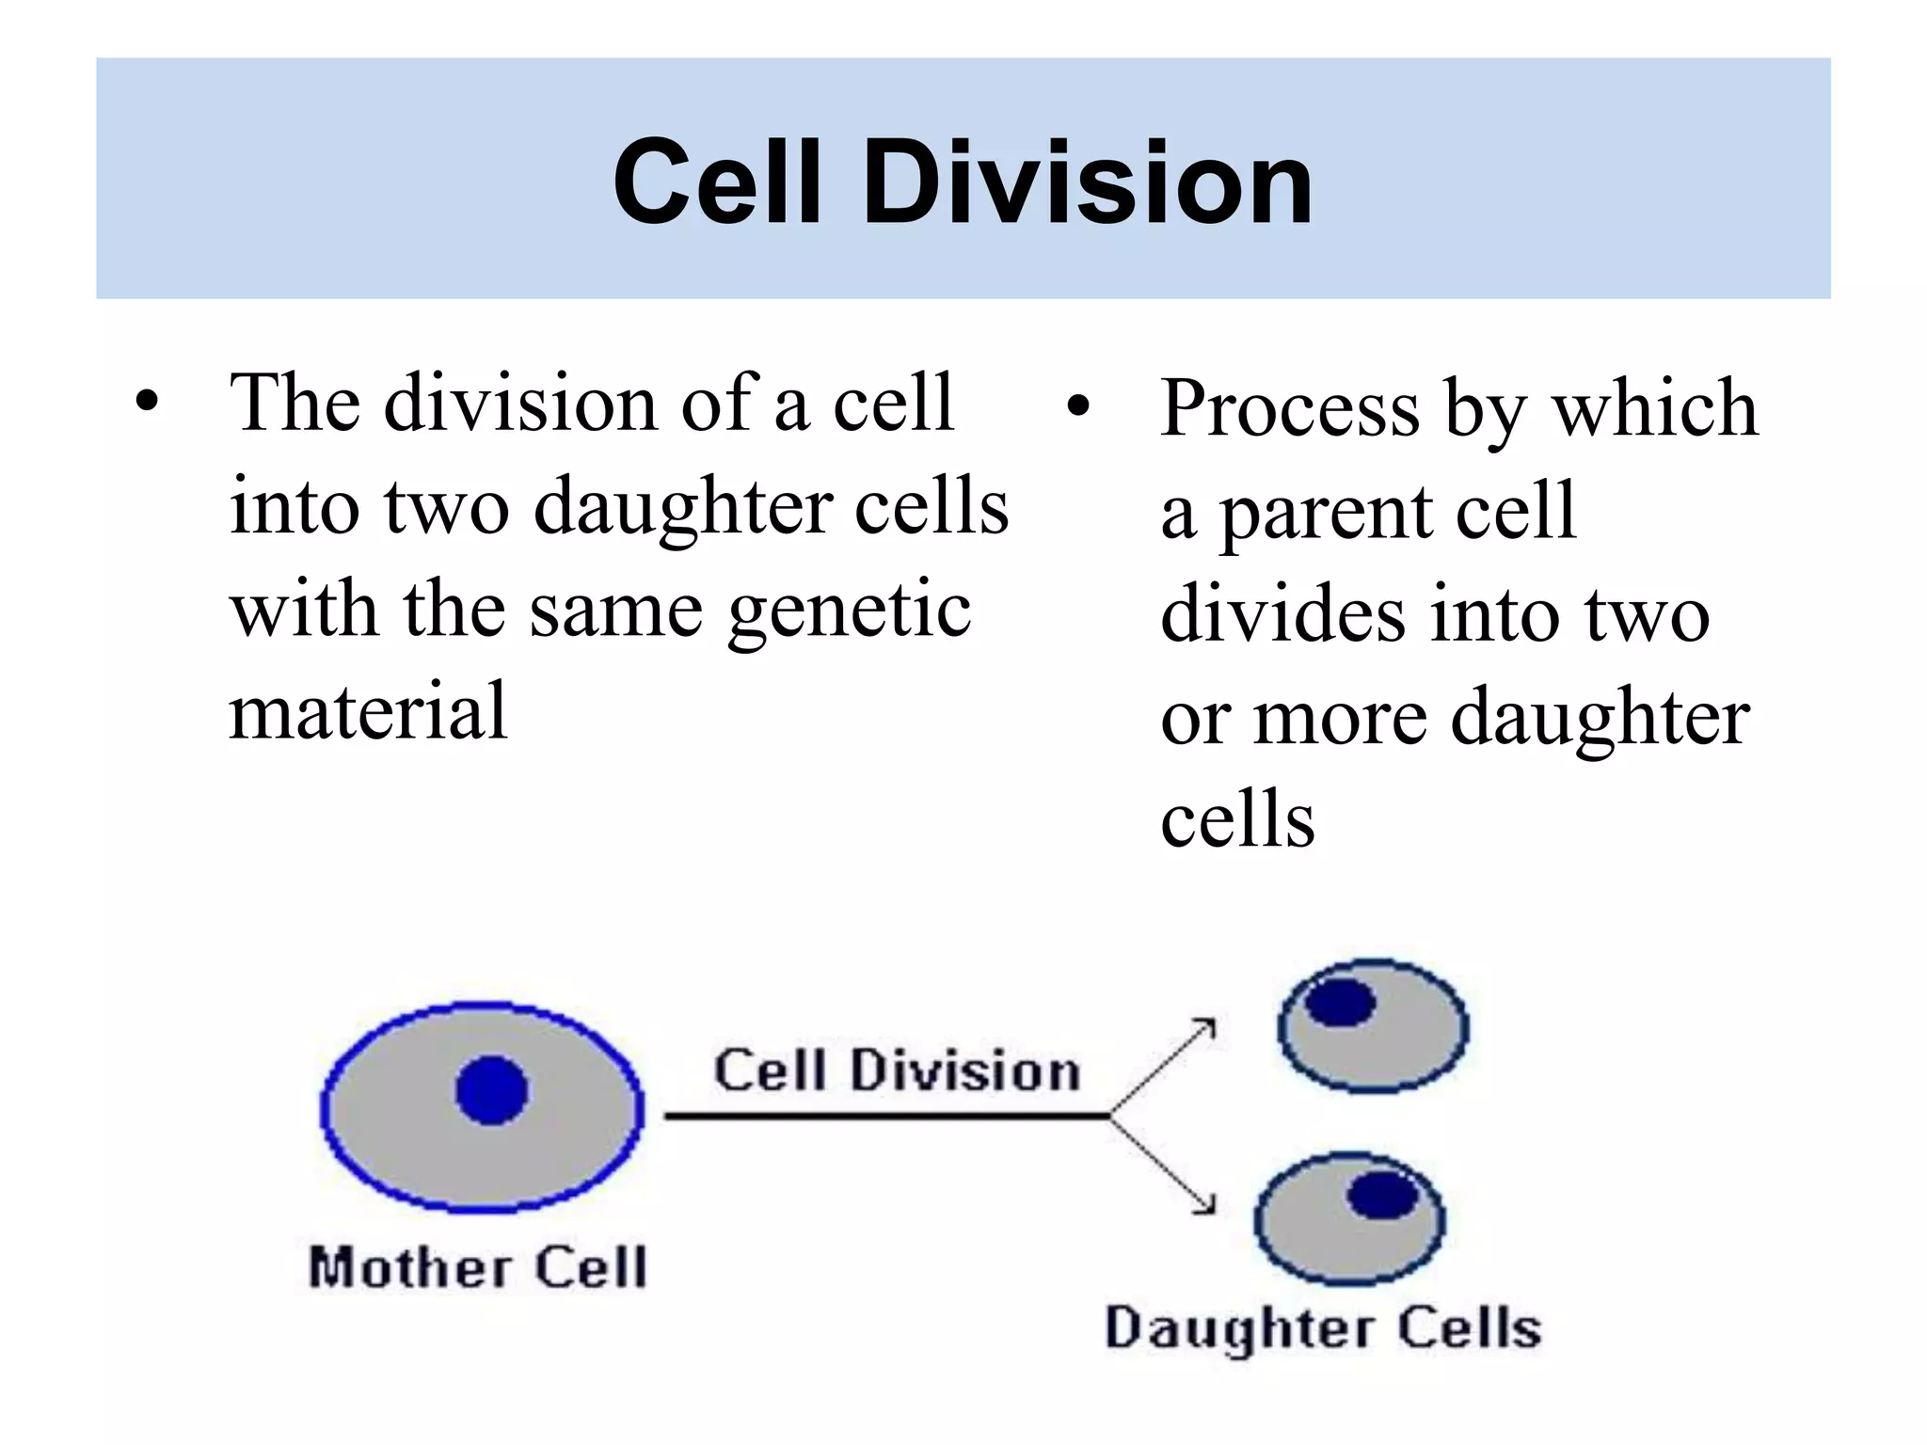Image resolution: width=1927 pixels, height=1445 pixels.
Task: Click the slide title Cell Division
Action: pyautogui.click(x=963, y=181)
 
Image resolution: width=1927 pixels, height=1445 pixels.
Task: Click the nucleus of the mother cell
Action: pyautogui.click(x=491, y=1090)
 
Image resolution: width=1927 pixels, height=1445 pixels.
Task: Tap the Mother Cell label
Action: pyautogui.click(x=478, y=1266)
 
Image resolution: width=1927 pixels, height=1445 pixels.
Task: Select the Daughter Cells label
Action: pyautogui.click(x=1323, y=1328)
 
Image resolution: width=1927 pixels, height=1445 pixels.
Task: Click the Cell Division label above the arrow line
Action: pyautogui.click(x=897, y=1071)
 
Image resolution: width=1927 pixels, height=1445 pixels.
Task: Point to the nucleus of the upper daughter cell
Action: pyautogui.click(x=1340, y=1001)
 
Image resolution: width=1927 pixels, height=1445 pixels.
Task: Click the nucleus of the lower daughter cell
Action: pyautogui.click(x=1382, y=1197)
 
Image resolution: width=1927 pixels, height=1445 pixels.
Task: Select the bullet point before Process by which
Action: pyautogui.click(x=1078, y=408)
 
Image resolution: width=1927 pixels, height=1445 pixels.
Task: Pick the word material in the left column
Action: pyautogui.click(x=368, y=712)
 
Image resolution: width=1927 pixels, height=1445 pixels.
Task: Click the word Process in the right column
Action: pyautogui.click(x=1290, y=408)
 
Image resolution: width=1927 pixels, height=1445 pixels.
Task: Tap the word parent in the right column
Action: pyautogui.click(x=1325, y=514)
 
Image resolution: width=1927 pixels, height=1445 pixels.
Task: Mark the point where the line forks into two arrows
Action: pyautogui.click(x=1110, y=1116)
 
